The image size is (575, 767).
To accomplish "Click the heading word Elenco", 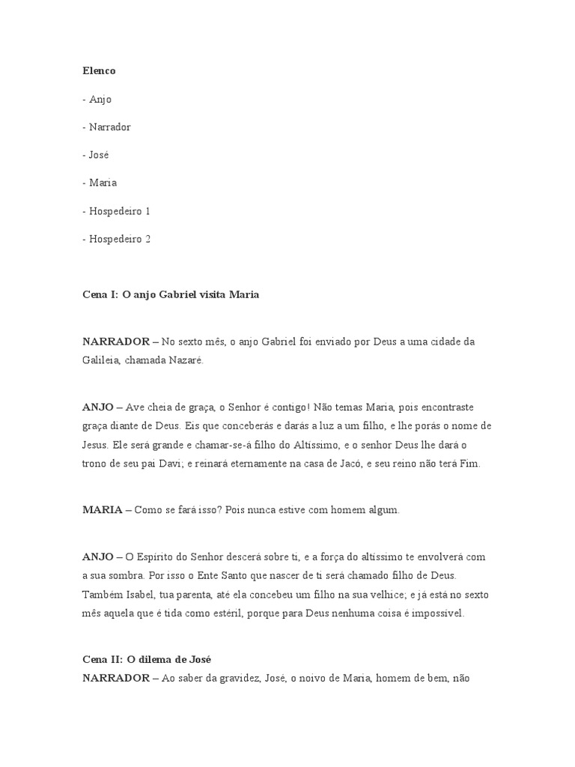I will point(99,71).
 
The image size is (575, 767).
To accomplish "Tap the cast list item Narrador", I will point(109,127).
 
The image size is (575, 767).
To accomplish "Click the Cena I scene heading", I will point(171,294).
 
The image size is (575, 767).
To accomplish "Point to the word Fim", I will point(469,464).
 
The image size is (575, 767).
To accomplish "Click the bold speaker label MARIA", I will point(103,510).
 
